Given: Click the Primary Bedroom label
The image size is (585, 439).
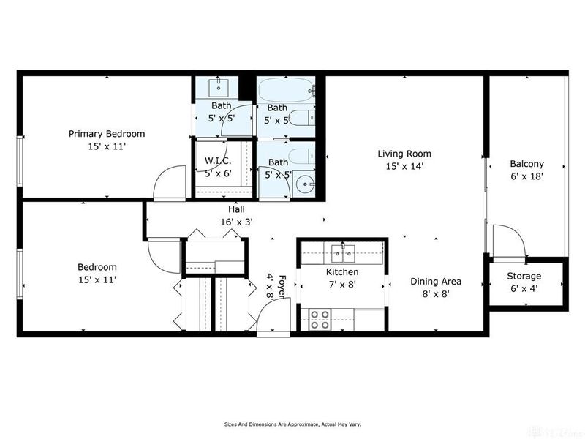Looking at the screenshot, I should pyautogui.click(x=107, y=134).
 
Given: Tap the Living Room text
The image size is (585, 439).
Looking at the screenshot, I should pyautogui.click(x=404, y=154).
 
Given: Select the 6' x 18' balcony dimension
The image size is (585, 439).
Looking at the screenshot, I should pyautogui.click(x=526, y=176).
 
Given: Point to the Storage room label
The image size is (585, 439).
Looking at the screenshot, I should pyautogui.click(x=524, y=276).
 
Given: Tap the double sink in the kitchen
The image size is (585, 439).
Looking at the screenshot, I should pyautogui.click(x=341, y=254).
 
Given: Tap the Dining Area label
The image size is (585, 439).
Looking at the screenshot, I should pyautogui.click(x=434, y=281).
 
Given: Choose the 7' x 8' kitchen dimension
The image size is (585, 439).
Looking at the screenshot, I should pyautogui.click(x=341, y=285).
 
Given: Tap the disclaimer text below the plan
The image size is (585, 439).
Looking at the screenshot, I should pyautogui.click(x=292, y=424).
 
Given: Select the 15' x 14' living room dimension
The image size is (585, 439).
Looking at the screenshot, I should pyautogui.click(x=404, y=166).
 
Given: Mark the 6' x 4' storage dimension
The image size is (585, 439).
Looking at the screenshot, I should pyautogui.click(x=524, y=288).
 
